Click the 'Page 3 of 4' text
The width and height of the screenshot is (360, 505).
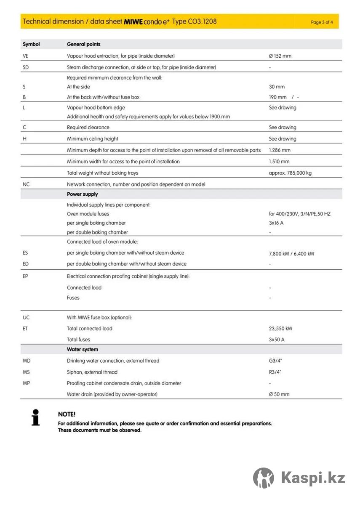pyautogui.click(x=322, y=22)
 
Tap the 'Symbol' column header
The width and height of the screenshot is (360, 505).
pyautogui.click(x=31, y=44)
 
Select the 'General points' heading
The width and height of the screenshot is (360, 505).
pyautogui.click(x=83, y=44)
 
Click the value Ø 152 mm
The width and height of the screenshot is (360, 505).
pyautogui.click(x=280, y=56)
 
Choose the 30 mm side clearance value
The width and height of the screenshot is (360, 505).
pyautogui.click(x=277, y=87)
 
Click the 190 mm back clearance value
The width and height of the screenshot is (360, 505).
pyautogui.click(x=278, y=97)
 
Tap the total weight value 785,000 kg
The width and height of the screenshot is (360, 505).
pyautogui.click(x=290, y=173)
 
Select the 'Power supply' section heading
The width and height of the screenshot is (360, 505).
pyautogui.click(x=82, y=194)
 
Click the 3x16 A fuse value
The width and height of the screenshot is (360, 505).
pyautogui.click(x=276, y=223)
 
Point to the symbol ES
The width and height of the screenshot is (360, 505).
pyautogui.click(x=25, y=253)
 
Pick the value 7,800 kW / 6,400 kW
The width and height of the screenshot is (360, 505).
pyautogui.click(x=291, y=254)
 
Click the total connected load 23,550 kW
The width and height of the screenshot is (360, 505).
pyautogui.click(x=280, y=329)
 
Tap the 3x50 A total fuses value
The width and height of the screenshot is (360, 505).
pyautogui.click(x=277, y=340)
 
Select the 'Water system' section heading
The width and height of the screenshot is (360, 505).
pyautogui.click(x=82, y=349)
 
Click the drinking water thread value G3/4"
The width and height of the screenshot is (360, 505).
pyautogui.click(x=275, y=361)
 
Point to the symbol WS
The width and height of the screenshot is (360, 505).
pyautogui.click(x=26, y=372)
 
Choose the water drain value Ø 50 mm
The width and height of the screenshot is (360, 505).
pyautogui.click(x=279, y=394)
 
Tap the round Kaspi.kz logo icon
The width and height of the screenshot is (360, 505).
pyautogui.click(x=264, y=478)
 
